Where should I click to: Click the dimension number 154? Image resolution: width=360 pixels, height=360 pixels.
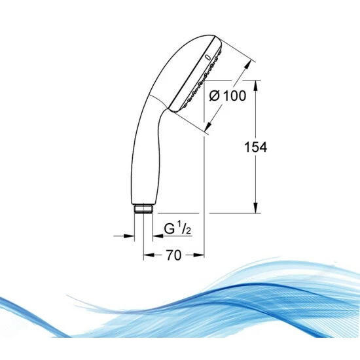tap(255, 148)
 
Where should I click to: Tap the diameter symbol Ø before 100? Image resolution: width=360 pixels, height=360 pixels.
tap(214, 96)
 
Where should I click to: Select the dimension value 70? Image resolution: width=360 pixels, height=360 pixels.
tap(173, 256)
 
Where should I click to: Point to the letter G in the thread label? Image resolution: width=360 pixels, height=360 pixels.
tap(169, 229)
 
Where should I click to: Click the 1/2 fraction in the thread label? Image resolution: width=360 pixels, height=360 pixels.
tap(185, 228)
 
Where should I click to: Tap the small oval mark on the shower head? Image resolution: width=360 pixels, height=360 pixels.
tap(208, 58)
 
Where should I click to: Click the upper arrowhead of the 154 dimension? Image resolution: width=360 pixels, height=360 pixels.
tap(255, 84)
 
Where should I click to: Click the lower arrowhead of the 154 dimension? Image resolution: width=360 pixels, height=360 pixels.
tap(255, 209)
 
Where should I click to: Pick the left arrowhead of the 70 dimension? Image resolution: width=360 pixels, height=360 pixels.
tap(147, 255)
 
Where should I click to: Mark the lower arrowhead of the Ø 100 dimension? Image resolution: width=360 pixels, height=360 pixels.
tap(207, 128)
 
